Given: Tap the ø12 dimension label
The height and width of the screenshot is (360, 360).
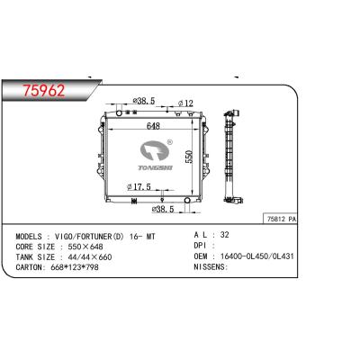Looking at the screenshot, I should click(x=186, y=103).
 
